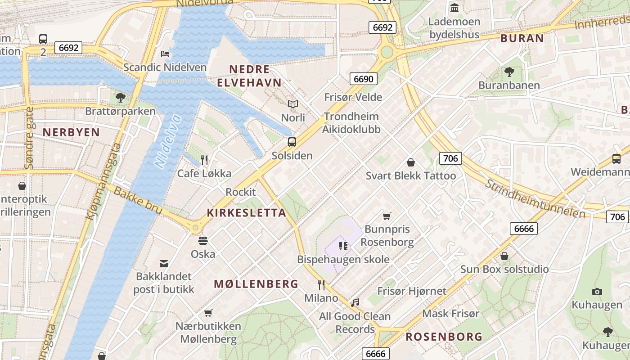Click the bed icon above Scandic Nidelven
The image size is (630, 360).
click(165, 54)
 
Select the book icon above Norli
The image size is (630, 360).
click(293, 104)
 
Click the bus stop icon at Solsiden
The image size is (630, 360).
click(292, 142)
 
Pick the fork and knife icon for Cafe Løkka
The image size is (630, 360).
click(204, 160)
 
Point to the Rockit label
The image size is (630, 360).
click(240, 192)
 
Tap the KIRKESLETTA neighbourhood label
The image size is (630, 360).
click(246, 213)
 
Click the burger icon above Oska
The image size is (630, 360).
click(203, 241)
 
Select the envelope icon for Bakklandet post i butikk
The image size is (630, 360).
click(164, 263)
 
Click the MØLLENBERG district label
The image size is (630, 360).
click(256, 284)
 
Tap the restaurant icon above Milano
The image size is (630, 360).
click(321, 284)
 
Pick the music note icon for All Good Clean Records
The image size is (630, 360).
click(355, 303)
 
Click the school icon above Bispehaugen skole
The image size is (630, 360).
click(343, 246)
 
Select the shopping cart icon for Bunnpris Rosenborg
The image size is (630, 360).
click(387, 216)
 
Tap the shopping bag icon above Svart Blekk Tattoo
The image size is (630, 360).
click(410, 162)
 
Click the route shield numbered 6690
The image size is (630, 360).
click(363, 79)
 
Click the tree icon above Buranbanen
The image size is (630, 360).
click(509, 72)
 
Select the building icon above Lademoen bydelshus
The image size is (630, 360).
click(454, 8)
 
